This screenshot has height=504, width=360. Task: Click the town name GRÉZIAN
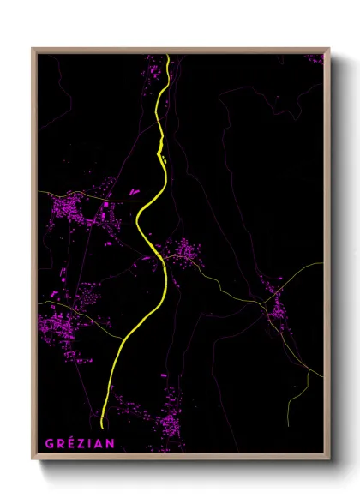click(75, 443)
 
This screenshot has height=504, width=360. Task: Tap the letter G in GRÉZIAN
click(48, 443)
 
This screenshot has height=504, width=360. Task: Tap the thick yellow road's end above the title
click(102, 426)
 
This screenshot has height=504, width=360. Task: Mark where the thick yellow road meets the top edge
click(168, 56)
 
